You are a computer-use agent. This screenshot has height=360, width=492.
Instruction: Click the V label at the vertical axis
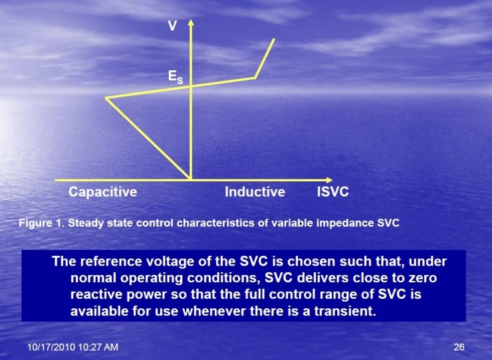[x=172, y=28]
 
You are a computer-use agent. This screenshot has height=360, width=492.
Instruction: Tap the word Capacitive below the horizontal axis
[x=102, y=193]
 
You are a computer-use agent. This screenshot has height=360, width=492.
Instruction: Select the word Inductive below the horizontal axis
[x=255, y=193]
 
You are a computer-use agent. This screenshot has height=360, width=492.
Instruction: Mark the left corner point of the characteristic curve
[x=106, y=98]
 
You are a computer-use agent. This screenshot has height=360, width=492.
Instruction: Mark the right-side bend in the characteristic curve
[x=255, y=78]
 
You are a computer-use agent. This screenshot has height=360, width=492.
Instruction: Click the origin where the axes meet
[x=191, y=180]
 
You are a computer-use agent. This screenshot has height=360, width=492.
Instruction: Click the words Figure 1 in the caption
[x=39, y=223]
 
